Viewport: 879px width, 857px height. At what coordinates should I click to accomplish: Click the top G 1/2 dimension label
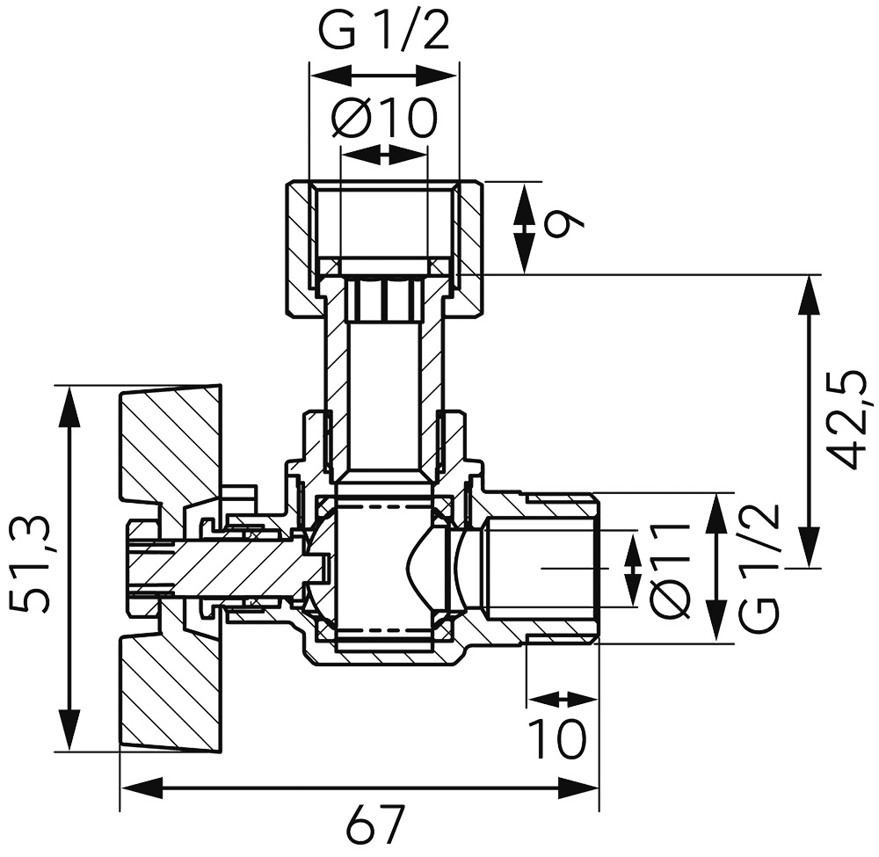[383, 33]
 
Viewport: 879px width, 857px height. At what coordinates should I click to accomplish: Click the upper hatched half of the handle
[167, 448]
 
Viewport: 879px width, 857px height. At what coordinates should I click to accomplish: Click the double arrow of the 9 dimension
[525, 228]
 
